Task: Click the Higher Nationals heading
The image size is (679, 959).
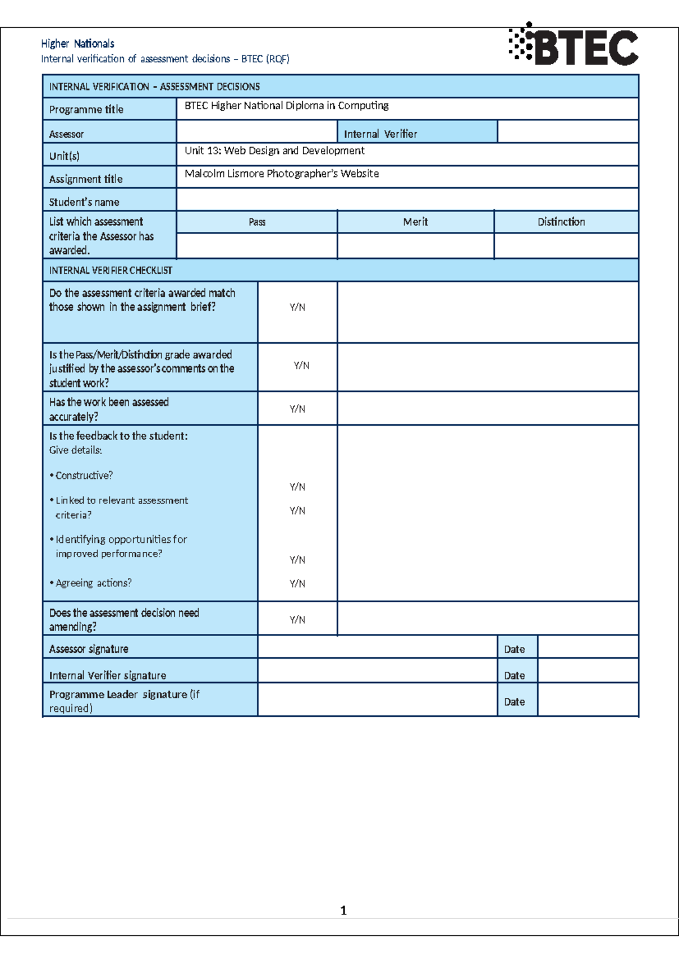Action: tap(78, 44)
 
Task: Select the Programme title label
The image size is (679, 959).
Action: tap(86, 109)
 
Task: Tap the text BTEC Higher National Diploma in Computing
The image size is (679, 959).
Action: tap(286, 106)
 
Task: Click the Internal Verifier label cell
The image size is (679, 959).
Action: tap(380, 134)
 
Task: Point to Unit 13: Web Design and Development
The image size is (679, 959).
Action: tap(274, 151)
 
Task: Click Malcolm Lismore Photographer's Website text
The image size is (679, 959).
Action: tap(282, 174)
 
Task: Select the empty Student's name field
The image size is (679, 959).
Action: tap(407, 200)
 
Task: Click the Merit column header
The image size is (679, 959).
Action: tap(415, 222)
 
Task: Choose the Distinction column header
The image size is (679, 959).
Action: tap(561, 222)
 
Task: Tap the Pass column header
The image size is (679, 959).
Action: tap(257, 222)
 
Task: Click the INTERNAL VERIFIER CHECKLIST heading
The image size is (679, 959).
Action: tap(111, 270)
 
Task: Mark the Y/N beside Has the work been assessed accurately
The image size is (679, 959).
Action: tap(297, 409)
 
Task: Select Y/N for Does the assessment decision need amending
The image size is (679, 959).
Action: tap(297, 620)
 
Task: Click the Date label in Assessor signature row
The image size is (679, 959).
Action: tap(514, 649)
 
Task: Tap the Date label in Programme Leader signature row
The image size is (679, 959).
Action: tap(514, 702)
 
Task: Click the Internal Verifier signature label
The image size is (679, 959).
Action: tap(108, 675)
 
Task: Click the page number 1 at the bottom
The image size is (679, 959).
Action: tap(343, 910)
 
